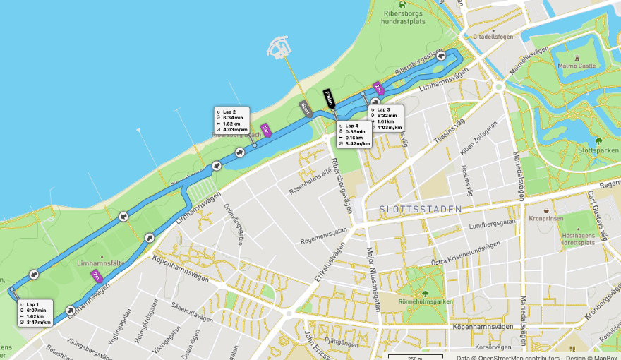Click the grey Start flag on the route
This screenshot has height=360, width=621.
[x=306, y=108]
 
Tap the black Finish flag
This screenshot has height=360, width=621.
[x=328, y=99]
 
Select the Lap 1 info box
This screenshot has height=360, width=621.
[x=35, y=313]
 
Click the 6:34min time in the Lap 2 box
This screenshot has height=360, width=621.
[x=233, y=117]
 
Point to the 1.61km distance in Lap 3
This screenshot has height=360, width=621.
[x=386, y=121]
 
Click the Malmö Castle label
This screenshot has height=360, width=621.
[x=577, y=66]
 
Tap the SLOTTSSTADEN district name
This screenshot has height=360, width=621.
[x=420, y=210]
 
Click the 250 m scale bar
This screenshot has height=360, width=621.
[x=415, y=356]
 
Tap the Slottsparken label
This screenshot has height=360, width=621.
[x=598, y=150]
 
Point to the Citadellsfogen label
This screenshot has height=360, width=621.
[x=493, y=36]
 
